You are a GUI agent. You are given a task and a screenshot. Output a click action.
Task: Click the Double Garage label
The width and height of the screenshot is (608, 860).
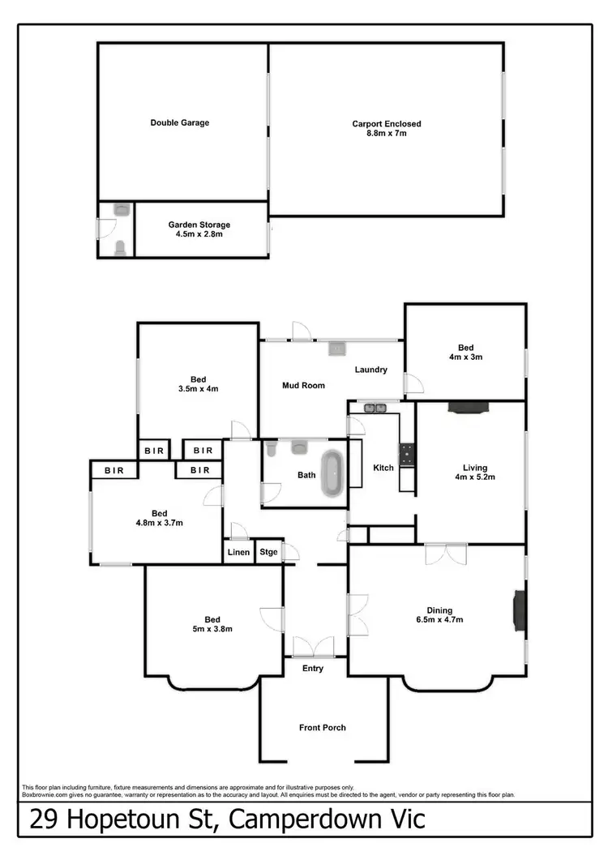point(179,123)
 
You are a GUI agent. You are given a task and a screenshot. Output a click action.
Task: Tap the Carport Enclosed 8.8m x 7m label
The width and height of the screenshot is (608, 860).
point(386,128)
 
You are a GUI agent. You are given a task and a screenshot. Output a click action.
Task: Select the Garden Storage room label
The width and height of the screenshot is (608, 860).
point(199,229)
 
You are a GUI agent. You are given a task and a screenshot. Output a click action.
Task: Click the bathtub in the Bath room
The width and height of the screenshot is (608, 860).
point(331,473)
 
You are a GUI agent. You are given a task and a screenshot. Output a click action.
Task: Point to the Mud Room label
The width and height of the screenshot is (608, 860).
point(303,386)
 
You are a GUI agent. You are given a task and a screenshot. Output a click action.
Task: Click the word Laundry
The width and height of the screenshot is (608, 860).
point(370,370)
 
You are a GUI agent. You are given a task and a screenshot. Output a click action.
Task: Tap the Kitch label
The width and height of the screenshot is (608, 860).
point(383,468)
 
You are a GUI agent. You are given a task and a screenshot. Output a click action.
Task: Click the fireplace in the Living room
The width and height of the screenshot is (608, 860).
point(469,408)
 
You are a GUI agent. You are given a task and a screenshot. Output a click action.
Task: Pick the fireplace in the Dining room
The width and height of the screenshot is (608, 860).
point(517,610)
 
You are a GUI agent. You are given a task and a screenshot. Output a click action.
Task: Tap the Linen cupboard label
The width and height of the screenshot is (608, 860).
point(238,553)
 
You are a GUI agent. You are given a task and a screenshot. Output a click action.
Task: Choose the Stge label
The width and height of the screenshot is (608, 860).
point(268,553)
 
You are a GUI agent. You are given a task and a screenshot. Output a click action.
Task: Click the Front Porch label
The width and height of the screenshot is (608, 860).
point(322,728)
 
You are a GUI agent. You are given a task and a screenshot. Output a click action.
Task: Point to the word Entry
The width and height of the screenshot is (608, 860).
point(313,669)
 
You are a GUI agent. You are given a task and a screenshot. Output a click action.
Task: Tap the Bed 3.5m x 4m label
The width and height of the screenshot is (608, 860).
point(199,384)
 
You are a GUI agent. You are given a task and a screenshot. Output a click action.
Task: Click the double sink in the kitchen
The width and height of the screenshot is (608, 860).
point(375,408)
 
